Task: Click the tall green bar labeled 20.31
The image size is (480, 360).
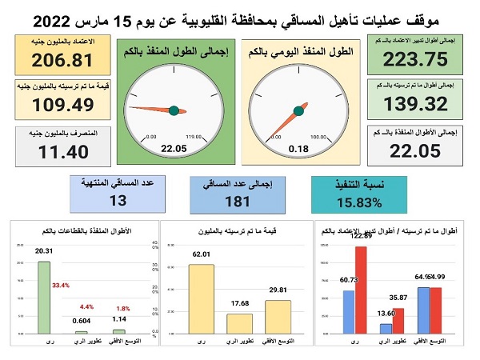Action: (44, 297)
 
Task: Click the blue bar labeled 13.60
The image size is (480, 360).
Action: (386, 328)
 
